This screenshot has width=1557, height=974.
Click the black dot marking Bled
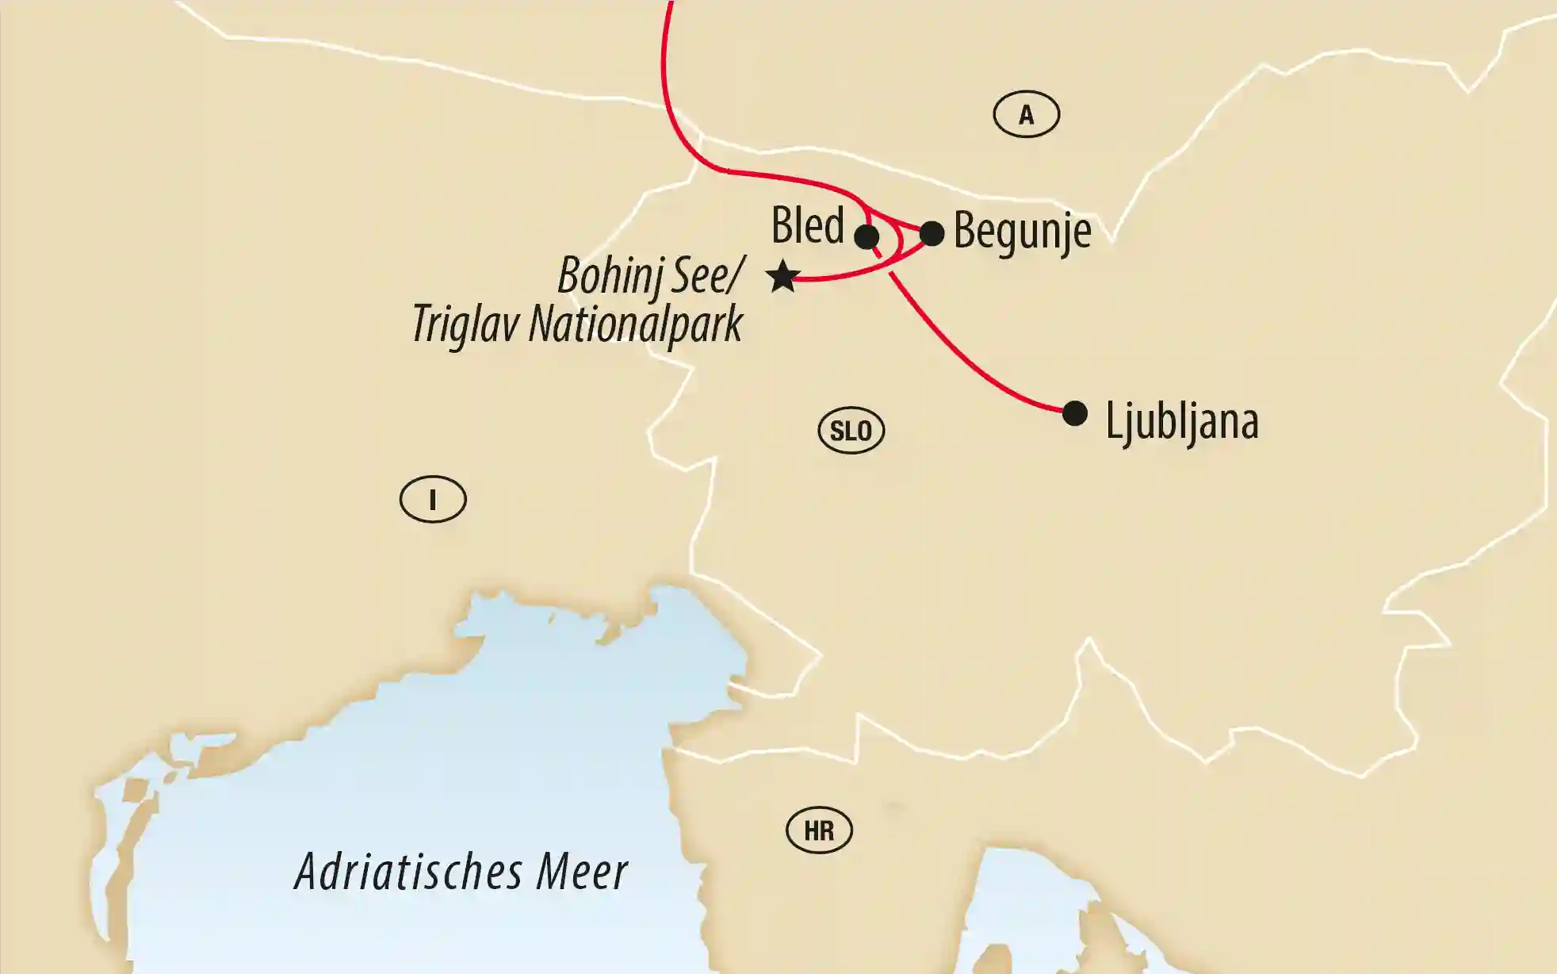click(x=866, y=236)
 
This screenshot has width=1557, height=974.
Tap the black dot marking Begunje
click(x=932, y=233)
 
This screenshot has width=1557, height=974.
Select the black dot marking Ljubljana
click(x=1074, y=413)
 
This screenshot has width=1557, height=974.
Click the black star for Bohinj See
click(x=782, y=277)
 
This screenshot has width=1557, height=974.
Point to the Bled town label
click(x=807, y=225)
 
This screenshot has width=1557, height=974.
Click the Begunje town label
click(x=1022, y=232)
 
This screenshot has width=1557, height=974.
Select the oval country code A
click(x=1026, y=115)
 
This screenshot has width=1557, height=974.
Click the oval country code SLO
click(x=851, y=431)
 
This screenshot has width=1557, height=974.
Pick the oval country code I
click(x=433, y=500)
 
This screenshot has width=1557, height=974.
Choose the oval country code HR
click(x=819, y=830)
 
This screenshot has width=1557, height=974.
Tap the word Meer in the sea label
click(x=582, y=872)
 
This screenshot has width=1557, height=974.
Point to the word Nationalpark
click(x=636, y=324)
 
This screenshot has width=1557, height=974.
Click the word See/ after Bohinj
click(x=707, y=276)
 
